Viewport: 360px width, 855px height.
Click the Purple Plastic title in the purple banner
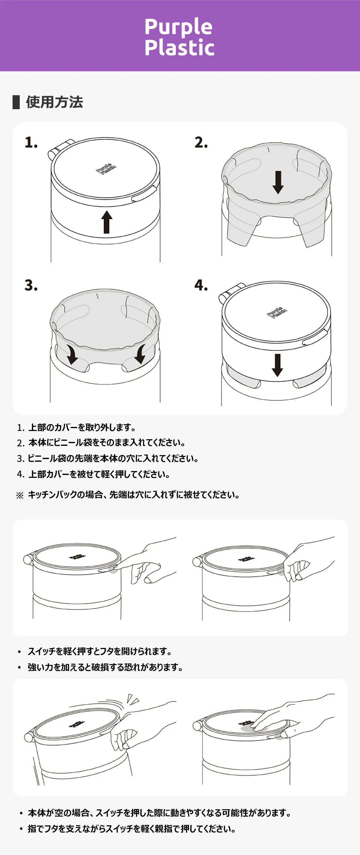[179, 37]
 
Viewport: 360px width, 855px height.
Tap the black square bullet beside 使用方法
[16, 102]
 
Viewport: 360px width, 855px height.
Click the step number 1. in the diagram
[31, 142]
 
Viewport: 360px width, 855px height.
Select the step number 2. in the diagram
[201, 142]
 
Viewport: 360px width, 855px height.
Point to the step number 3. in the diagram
[31, 286]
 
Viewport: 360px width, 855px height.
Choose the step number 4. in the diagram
[201, 286]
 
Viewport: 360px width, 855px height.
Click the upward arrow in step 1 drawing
[106, 222]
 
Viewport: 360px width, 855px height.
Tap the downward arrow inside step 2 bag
[278, 182]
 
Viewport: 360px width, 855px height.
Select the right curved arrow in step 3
[140, 354]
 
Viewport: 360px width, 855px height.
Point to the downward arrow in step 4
[277, 365]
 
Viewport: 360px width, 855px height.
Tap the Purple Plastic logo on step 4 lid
[277, 313]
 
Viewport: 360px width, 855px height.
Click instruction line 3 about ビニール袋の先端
[107, 458]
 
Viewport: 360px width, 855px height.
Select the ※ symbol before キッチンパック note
[20, 496]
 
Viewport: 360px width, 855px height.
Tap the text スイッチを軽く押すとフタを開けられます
[100, 651]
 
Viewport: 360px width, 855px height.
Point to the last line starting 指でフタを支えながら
[132, 829]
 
